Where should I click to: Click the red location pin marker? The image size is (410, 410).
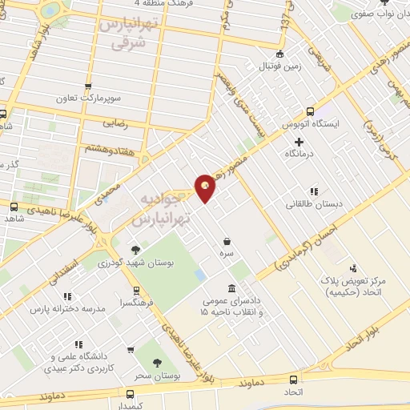pos(206,187)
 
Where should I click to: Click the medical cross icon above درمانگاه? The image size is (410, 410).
pos(299,142)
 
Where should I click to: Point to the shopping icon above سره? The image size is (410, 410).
pos(228,241)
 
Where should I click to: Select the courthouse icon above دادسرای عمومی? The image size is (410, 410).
pos(231,288)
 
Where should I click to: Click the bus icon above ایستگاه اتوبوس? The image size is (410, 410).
pos(312,113)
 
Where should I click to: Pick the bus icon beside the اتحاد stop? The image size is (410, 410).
pos(293,380)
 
